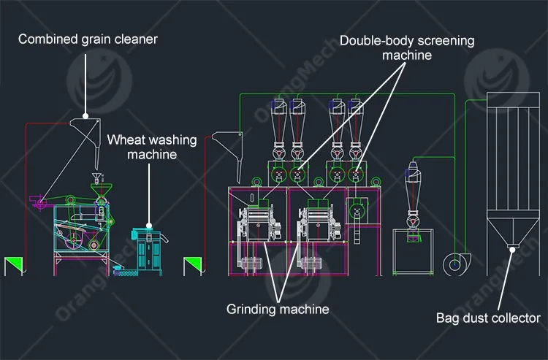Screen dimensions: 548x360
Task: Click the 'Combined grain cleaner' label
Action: click(x=88, y=39)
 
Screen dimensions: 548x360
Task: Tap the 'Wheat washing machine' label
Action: click(x=152, y=147)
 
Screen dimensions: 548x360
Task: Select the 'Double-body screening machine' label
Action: click(x=407, y=48)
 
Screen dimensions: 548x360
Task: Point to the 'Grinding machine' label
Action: click(x=278, y=309)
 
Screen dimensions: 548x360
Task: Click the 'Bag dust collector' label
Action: click(x=488, y=318)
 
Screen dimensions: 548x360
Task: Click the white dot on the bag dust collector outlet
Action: click(x=512, y=250)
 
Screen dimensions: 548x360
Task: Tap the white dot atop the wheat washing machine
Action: click(x=149, y=226)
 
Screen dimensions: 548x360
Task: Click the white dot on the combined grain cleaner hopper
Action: click(x=85, y=116)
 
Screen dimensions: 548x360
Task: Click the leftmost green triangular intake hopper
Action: click(x=14, y=266)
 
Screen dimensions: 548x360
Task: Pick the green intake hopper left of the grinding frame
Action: click(x=193, y=266)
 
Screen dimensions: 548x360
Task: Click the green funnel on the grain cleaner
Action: click(x=102, y=191)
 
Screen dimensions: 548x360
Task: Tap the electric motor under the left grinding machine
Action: click(x=249, y=264)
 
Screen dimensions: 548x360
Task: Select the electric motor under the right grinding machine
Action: click(x=311, y=264)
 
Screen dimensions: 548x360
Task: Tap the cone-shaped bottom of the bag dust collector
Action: click(x=513, y=229)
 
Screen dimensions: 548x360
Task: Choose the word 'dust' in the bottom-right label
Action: click(x=475, y=318)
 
